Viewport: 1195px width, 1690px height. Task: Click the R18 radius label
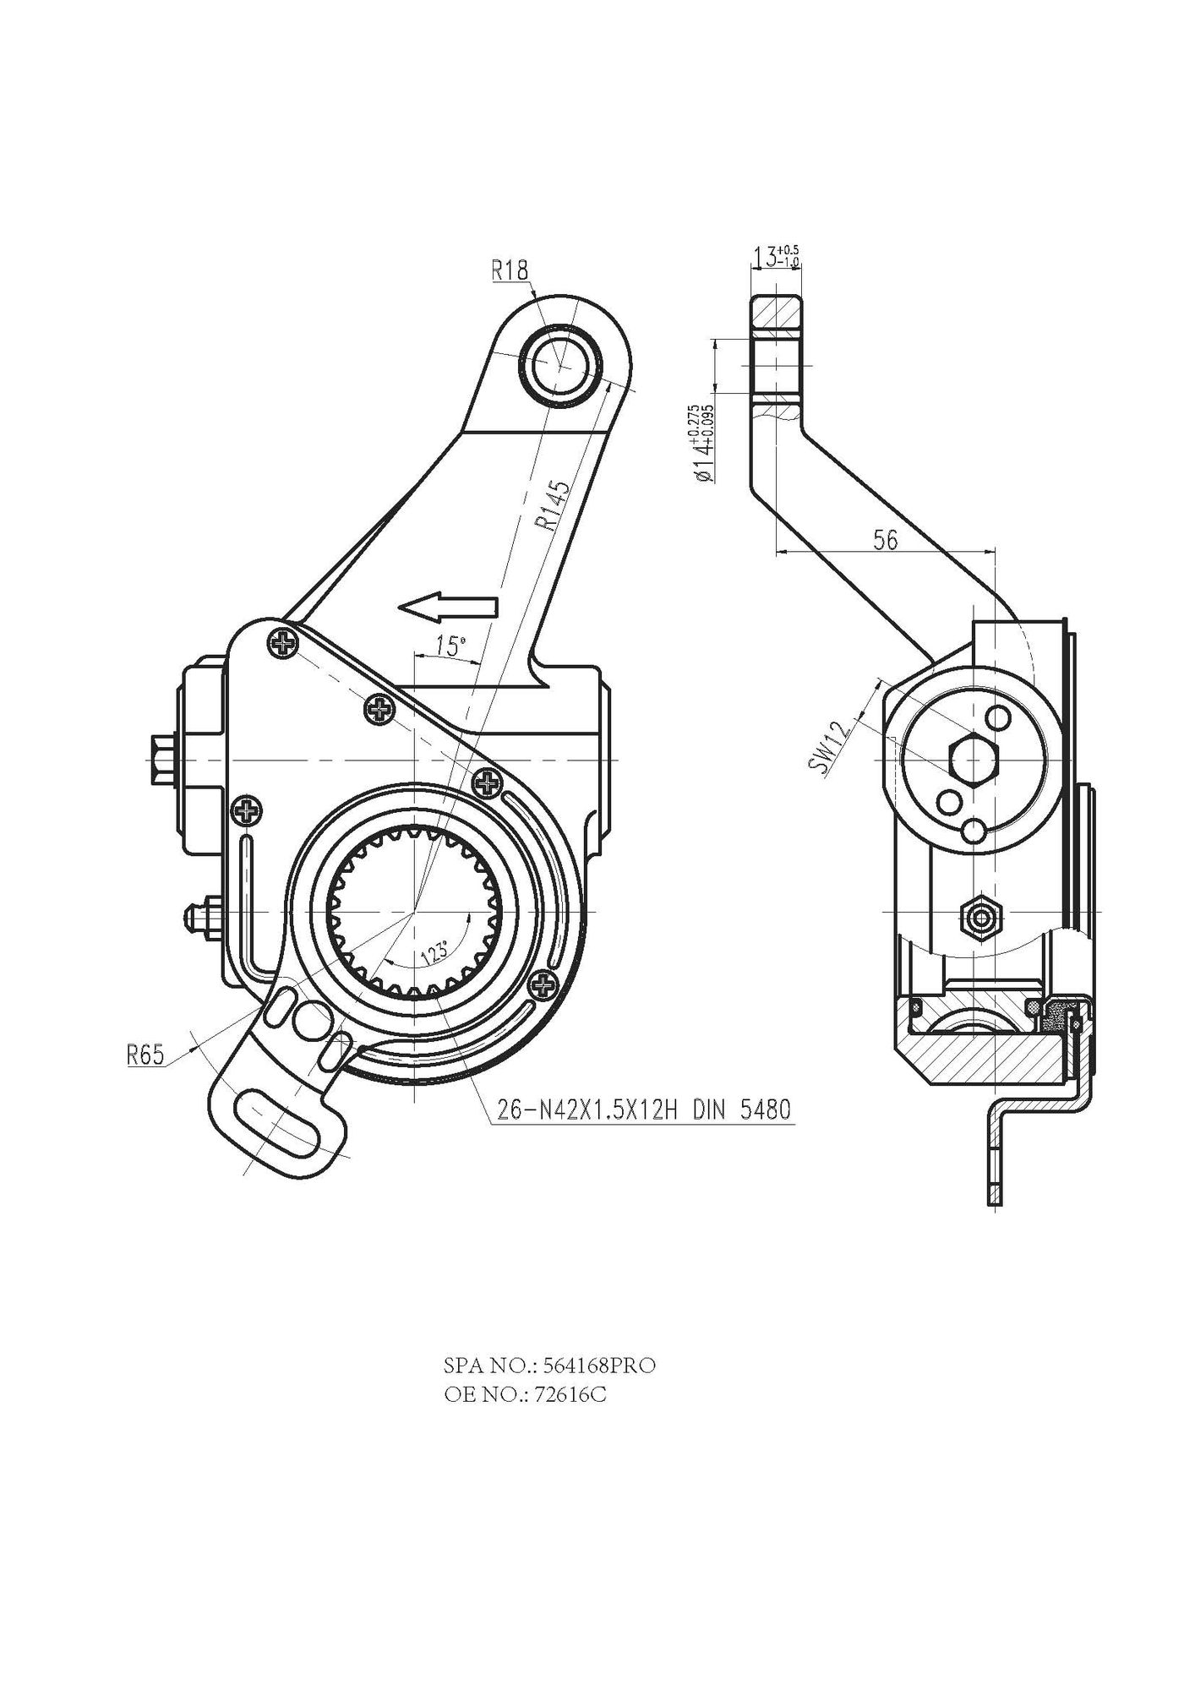click(510, 270)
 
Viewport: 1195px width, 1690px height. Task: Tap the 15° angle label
click(450, 646)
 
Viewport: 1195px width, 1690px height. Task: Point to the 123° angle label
click(434, 954)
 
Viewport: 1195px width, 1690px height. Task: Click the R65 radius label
click(144, 1055)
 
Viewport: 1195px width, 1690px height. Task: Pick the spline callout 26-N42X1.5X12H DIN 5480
click(643, 1109)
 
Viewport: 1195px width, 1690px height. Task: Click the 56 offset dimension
click(885, 541)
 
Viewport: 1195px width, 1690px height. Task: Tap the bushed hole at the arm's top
click(561, 363)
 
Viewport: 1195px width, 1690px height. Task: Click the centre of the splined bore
click(414, 913)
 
